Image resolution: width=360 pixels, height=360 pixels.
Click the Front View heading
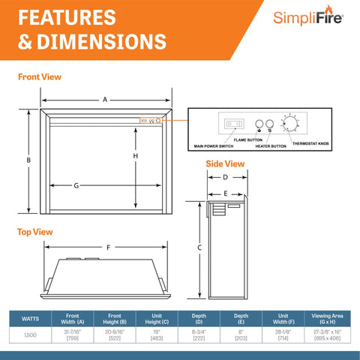coord(40,76)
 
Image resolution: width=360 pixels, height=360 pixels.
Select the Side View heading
coord(225,163)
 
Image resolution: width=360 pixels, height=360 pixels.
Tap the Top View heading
coord(34,232)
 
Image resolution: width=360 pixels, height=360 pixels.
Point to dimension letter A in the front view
coord(105,98)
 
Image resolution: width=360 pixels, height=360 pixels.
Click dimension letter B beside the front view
coord(28,160)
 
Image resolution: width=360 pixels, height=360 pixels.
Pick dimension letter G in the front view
coord(76,185)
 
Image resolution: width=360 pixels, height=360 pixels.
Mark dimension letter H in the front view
coord(136,155)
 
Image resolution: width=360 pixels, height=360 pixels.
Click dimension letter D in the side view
coord(225,178)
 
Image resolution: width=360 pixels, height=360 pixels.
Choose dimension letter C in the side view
coord(199,247)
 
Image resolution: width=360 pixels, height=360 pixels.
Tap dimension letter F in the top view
coord(109,247)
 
